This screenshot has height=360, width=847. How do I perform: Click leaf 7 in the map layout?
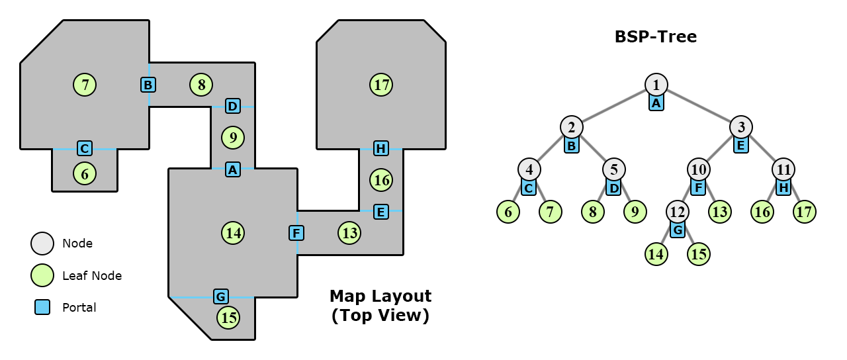click(85, 85)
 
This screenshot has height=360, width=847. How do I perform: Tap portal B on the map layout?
click(148, 85)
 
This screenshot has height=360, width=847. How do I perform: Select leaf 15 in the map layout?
click(228, 318)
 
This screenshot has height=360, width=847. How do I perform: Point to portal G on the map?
click(221, 296)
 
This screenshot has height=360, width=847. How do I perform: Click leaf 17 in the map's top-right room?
click(381, 85)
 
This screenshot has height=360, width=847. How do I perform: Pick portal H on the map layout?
click(380, 148)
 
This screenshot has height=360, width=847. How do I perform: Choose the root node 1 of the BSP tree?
click(656, 85)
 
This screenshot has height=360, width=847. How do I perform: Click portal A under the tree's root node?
click(656, 103)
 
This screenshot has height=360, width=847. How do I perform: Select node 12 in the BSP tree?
click(678, 212)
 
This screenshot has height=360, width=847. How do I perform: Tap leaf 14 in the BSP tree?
click(656, 254)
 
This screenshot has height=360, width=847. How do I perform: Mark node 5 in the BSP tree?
click(614, 169)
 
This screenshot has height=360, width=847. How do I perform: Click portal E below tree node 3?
click(741, 145)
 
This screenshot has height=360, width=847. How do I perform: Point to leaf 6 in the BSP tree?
click(508, 212)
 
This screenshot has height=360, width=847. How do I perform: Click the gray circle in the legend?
click(42, 244)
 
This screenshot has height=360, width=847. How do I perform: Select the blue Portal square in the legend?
click(42, 307)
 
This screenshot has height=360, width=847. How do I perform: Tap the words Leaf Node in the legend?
click(92, 276)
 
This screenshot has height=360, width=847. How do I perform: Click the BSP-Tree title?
click(656, 36)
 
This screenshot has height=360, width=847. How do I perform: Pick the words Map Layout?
click(380, 296)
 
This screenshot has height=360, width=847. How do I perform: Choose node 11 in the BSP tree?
click(783, 169)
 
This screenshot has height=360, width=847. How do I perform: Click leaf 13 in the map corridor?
click(349, 233)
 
